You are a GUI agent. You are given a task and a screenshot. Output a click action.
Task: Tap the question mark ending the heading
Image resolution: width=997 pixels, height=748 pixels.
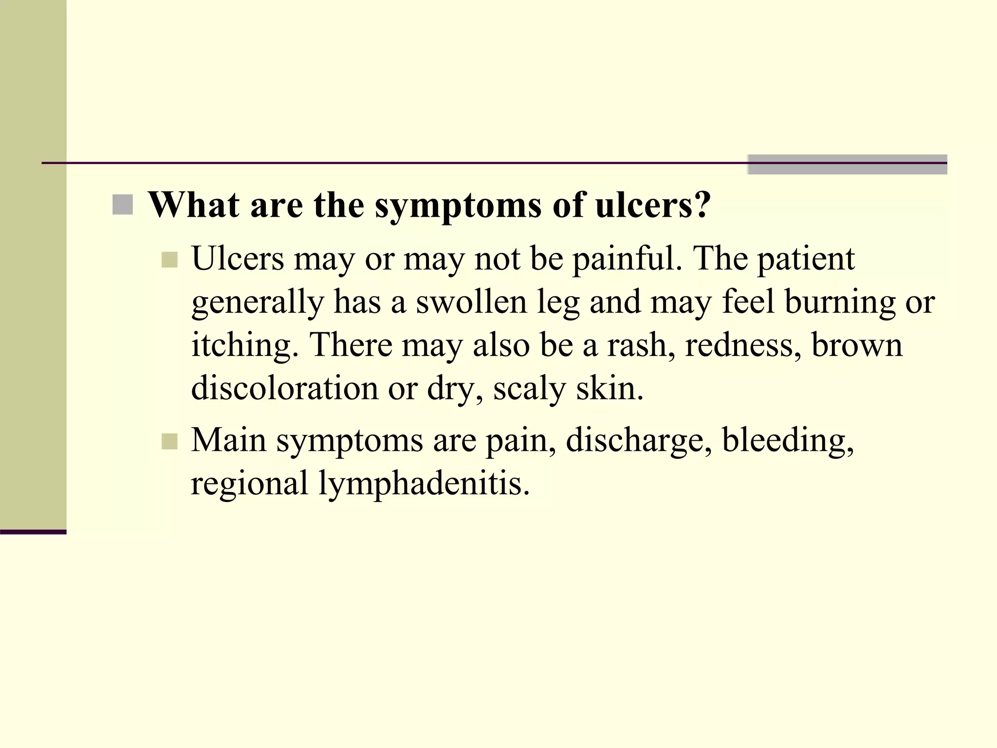pos(702,205)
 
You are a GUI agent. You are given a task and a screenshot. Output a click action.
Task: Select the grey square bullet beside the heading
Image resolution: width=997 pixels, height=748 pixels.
pos(122,205)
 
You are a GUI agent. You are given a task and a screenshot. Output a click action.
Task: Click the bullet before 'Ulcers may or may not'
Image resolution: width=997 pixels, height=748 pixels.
pos(169,260)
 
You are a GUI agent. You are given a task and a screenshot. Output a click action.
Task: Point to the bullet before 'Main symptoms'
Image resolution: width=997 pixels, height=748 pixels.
pos(169,441)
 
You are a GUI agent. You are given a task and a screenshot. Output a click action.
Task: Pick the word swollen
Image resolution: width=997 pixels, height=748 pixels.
pos(471,301)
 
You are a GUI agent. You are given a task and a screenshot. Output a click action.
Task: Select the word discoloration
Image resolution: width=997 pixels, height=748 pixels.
pos(285,388)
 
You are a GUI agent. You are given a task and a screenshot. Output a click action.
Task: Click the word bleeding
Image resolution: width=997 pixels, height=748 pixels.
pos(788,441)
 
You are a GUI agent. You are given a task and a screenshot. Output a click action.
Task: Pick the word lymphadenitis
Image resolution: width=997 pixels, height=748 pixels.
pos(424,484)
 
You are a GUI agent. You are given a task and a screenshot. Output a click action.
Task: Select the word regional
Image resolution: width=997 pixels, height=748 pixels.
pos(249,484)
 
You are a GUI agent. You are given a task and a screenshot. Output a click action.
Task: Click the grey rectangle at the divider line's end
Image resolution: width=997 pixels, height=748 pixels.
pos(847,164)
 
